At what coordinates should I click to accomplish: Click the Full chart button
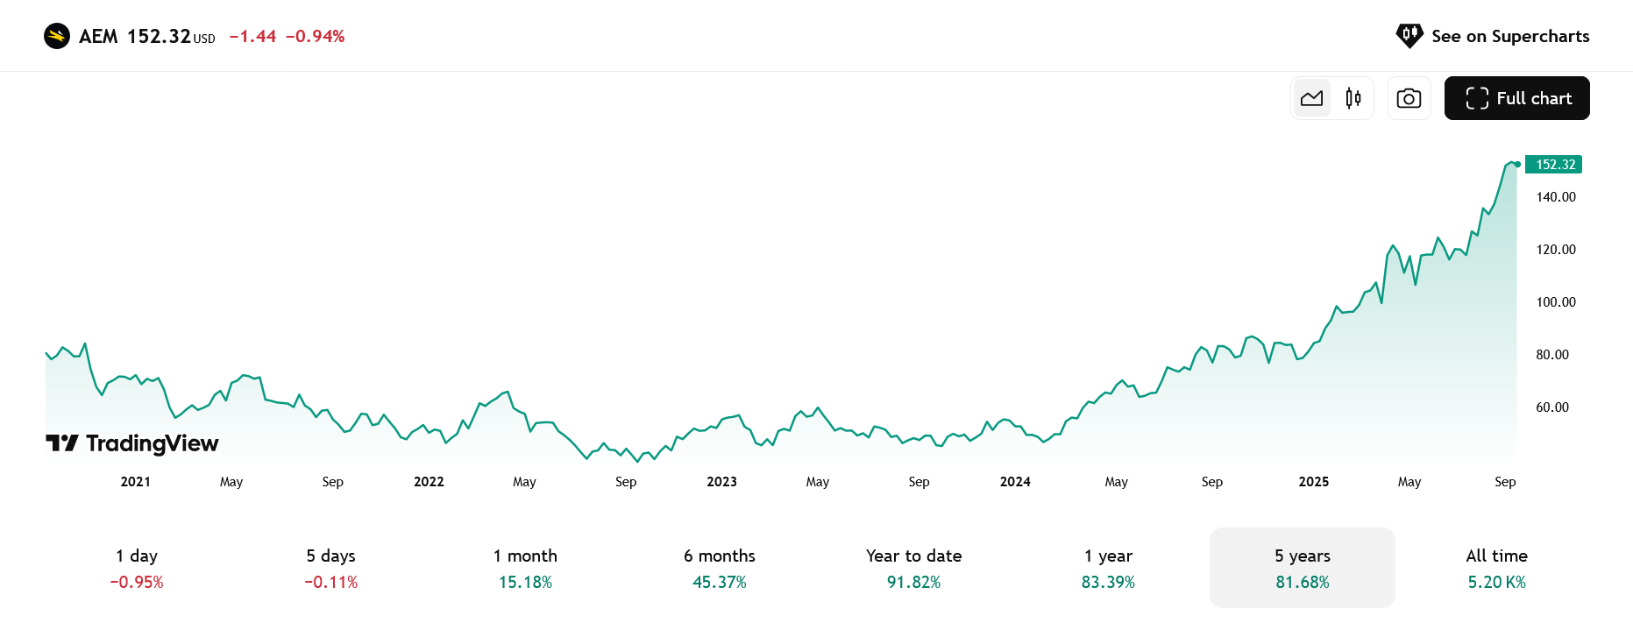tap(1516, 98)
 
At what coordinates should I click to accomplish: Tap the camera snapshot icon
tap(1409, 98)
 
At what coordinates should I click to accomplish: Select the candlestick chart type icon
tap(1353, 98)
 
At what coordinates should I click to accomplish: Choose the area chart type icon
tap(1312, 98)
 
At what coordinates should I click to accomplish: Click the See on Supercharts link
tap(1493, 36)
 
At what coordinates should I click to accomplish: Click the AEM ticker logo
tap(57, 36)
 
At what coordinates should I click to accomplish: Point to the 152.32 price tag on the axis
tap(1555, 165)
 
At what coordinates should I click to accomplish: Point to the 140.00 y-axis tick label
tap(1556, 197)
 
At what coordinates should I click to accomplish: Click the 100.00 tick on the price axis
tap(1556, 302)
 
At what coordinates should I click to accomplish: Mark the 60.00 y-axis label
tap(1552, 407)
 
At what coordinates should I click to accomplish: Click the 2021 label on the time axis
tap(136, 482)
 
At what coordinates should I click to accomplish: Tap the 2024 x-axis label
tap(1015, 482)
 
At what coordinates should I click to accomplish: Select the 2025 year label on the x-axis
tap(1314, 482)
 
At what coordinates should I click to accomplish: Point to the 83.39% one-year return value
tap(1108, 583)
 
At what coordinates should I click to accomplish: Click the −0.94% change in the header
tap(315, 36)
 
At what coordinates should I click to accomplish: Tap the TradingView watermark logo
tap(132, 443)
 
